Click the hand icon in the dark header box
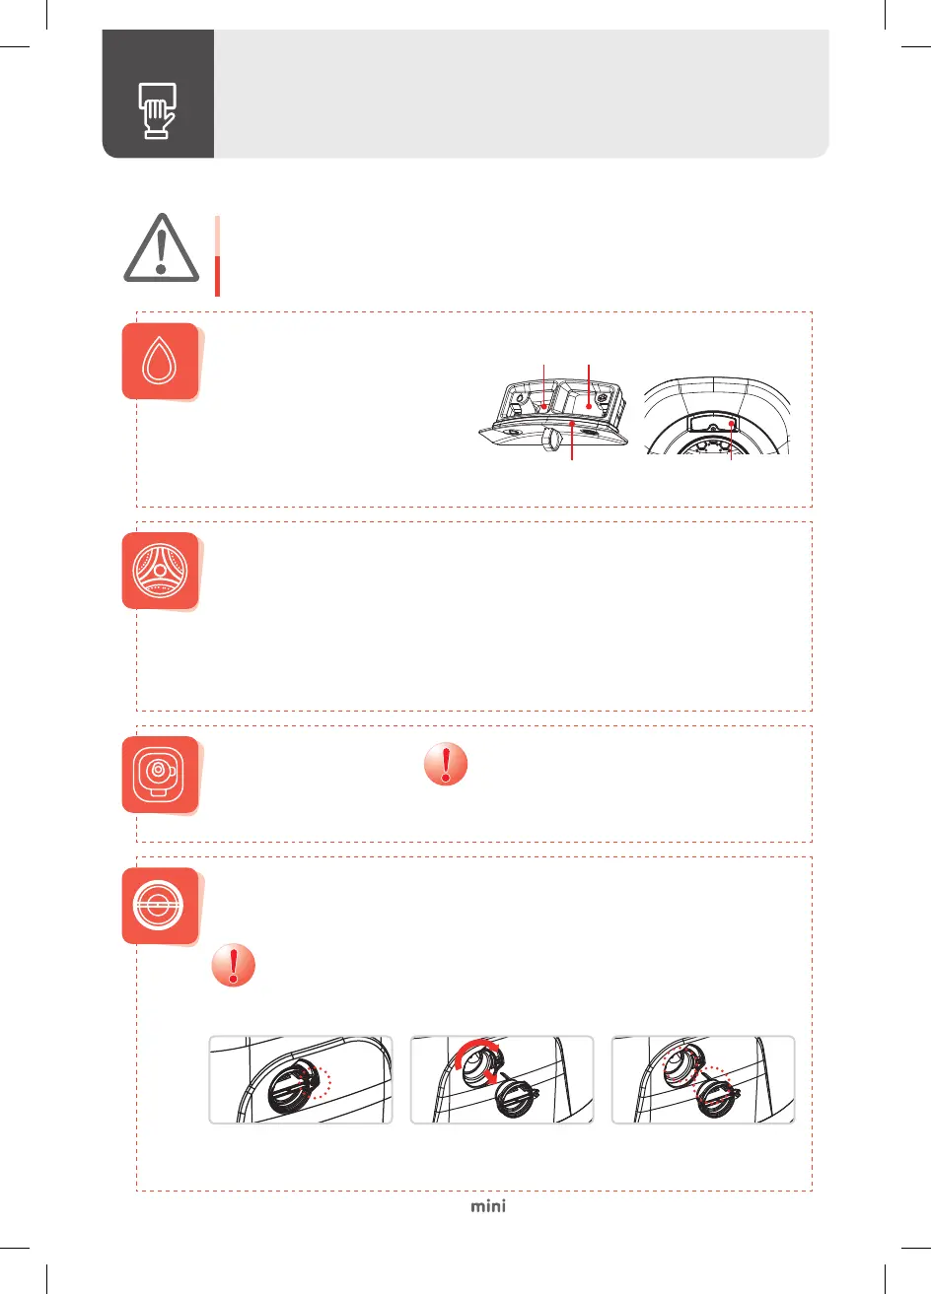pyautogui.click(x=157, y=111)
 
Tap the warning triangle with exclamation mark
pyautogui.click(x=162, y=248)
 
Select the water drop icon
pyautogui.click(x=160, y=361)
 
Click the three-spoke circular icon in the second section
pyautogui.click(x=160, y=571)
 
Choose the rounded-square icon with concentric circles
pyautogui.click(x=159, y=775)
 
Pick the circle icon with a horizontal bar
pyautogui.click(x=159, y=906)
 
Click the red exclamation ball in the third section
pyautogui.click(x=446, y=764)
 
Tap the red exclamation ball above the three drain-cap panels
pyautogui.click(x=234, y=965)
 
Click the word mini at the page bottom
pyautogui.click(x=488, y=1206)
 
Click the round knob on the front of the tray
pyautogui.click(x=551, y=441)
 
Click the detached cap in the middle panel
pyautogui.click(x=515, y=1096)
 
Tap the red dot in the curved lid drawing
pyautogui.click(x=732, y=424)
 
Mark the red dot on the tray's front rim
pyautogui.click(x=572, y=424)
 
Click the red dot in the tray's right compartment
pyautogui.click(x=589, y=407)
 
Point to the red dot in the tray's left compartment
pyautogui.click(x=544, y=407)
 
